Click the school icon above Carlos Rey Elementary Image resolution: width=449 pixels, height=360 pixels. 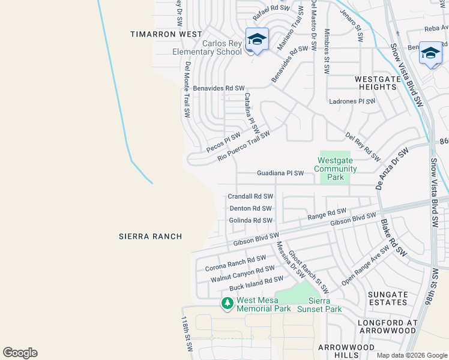click(x=257, y=40)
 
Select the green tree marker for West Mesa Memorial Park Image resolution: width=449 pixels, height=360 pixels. click(x=227, y=304)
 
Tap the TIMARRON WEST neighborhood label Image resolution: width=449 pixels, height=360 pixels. click(x=166, y=35)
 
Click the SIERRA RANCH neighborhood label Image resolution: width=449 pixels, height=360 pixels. click(x=150, y=236)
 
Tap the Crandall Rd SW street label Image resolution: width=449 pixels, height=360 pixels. click(x=250, y=196)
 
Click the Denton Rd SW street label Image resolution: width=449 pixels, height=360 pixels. click(x=251, y=208)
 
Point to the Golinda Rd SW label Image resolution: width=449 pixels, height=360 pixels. click(x=251, y=220)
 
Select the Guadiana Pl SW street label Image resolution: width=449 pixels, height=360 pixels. click(x=285, y=173)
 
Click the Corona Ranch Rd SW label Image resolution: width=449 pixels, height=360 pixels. click(x=235, y=263)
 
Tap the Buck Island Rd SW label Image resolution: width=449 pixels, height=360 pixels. click(x=256, y=284)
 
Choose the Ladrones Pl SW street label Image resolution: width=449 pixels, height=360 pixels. click(x=352, y=101)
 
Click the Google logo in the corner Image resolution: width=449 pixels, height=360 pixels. click(x=20, y=353)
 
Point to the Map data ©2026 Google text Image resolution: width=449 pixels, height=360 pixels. click(x=411, y=355)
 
